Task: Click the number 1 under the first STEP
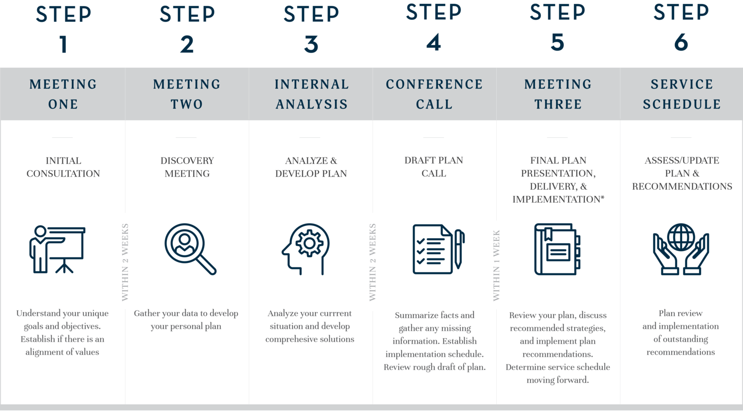click(x=63, y=45)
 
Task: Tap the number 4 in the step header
click(x=433, y=43)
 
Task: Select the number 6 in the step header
click(x=681, y=43)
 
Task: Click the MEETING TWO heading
click(x=187, y=94)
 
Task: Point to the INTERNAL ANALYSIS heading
click(x=312, y=94)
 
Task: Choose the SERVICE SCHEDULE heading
click(x=682, y=94)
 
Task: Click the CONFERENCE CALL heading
click(x=434, y=94)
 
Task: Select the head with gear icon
click(x=306, y=249)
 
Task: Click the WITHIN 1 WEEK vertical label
click(x=496, y=265)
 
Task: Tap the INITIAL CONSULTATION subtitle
click(x=63, y=167)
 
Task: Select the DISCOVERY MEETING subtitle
click(x=187, y=167)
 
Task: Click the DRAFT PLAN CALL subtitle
click(x=434, y=166)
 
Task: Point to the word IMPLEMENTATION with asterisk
click(x=558, y=199)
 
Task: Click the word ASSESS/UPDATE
click(x=682, y=160)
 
